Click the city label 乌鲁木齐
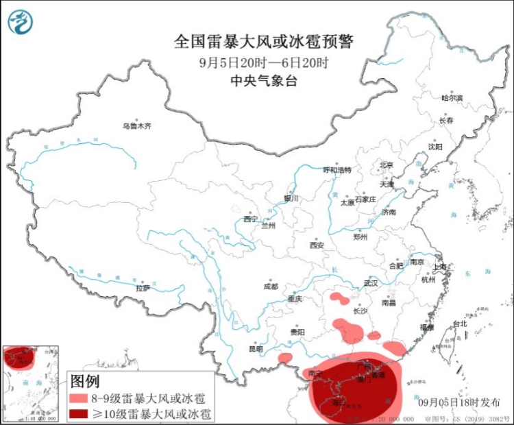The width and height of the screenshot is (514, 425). [x=136, y=126]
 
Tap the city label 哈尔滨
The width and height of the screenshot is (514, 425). [x=452, y=99]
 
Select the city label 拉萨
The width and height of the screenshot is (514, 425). [x=143, y=289]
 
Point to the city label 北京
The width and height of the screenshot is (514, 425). [x=387, y=165]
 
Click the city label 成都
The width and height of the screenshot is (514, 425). [x=271, y=287]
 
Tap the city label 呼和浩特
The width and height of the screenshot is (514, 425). [x=336, y=170]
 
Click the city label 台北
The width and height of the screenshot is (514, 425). [x=459, y=324]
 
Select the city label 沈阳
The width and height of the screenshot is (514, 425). [x=435, y=147]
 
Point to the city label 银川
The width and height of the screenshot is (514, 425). [x=291, y=199]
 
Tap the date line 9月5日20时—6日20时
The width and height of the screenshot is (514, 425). [x=263, y=62]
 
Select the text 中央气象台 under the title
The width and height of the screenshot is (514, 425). [x=263, y=80]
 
